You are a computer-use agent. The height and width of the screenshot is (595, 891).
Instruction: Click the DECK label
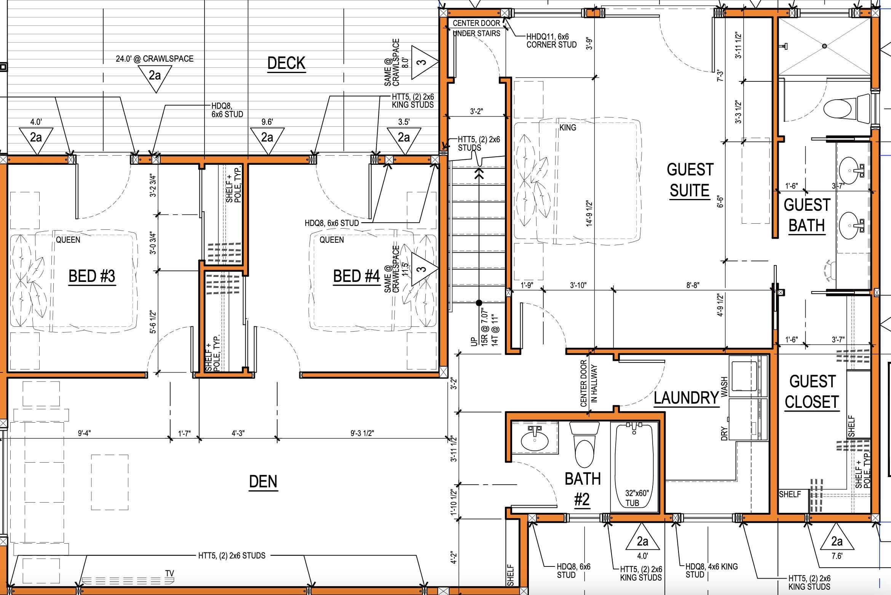[286, 64]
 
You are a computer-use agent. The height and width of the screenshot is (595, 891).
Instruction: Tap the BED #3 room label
[91, 276]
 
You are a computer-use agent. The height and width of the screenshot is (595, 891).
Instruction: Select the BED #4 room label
[356, 276]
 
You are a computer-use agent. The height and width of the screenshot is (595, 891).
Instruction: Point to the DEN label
[263, 482]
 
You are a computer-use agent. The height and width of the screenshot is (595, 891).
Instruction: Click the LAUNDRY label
[686, 398]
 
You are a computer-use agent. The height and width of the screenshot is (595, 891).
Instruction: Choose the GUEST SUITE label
[690, 180]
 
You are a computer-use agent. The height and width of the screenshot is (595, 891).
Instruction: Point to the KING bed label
[568, 128]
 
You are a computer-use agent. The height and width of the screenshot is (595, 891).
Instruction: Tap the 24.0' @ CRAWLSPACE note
[155, 59]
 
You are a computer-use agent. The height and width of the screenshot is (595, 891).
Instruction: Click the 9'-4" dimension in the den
[84, 433]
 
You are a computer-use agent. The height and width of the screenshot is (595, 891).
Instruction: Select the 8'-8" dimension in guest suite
[693, 285]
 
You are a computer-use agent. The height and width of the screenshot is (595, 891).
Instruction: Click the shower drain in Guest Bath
[824, 46]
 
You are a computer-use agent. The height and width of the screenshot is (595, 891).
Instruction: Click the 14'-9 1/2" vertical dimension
[590, 213]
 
